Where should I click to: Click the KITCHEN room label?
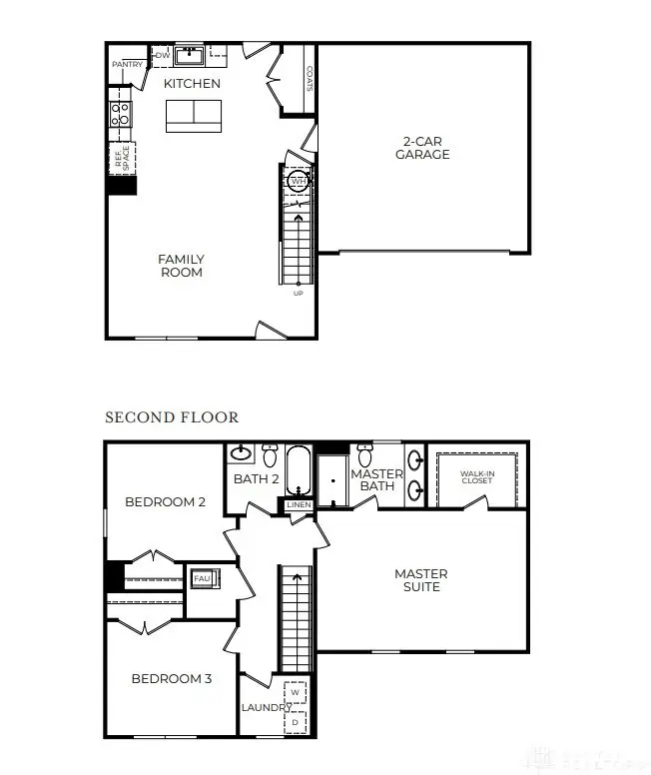pos(192,84)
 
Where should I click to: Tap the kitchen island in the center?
pos(194,116)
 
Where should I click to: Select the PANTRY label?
pos(127,65)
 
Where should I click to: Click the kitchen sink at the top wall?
pos(190,54)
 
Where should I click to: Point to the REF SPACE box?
pos(122,159)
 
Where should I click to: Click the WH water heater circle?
pos(298,182)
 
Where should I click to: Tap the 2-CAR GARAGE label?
pos(421,148)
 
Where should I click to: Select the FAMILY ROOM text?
pos(181,266)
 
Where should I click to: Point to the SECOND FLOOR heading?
pos(172,416)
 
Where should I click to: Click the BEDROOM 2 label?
pos(165,501)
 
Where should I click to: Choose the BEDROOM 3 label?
pos(171,679)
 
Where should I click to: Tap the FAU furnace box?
pos(201,578)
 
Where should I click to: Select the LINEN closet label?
pos(299,505)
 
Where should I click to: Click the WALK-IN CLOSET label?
pos(476,476)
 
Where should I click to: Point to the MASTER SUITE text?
pos(420,580)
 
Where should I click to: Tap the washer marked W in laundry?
pos(296,693)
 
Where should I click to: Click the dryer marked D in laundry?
pos(296,720)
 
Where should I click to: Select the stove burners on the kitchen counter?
pos(120,112)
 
